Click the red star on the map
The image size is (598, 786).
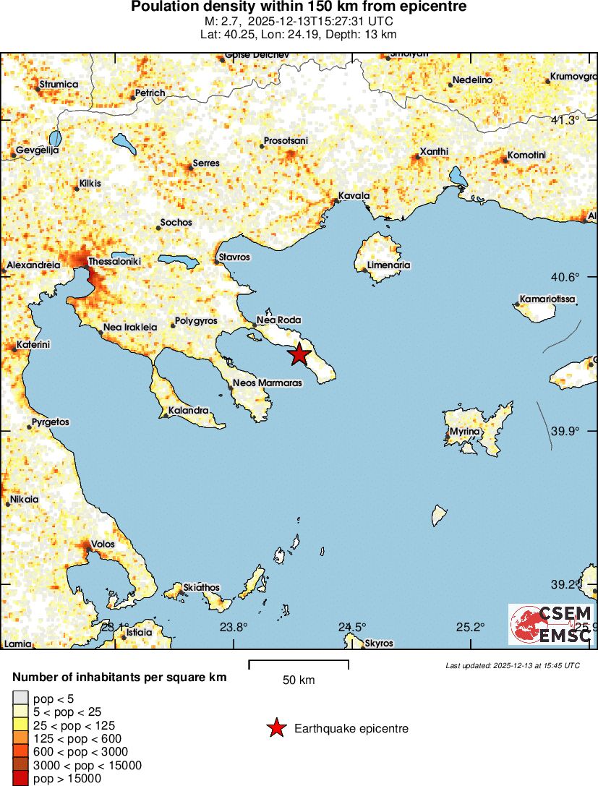click(299, 354)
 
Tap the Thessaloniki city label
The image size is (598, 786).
click(114, 261)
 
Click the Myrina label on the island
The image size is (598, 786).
click(464, 432)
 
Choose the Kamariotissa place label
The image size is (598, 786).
click(547, 299)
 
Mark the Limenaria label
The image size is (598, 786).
click(388, 265)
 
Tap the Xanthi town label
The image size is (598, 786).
click(434, 151)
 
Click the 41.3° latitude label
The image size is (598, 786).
click(565, 120)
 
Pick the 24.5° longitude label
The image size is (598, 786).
click(352, 627)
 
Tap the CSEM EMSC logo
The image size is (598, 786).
click(550, 624)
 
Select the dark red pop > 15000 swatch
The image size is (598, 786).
click(20, 779)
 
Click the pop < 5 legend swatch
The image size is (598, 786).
click(20, 698)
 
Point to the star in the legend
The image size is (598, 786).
click(276, 729)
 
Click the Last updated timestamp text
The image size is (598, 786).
click(513, 665)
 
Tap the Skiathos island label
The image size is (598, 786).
click(202, 588)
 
